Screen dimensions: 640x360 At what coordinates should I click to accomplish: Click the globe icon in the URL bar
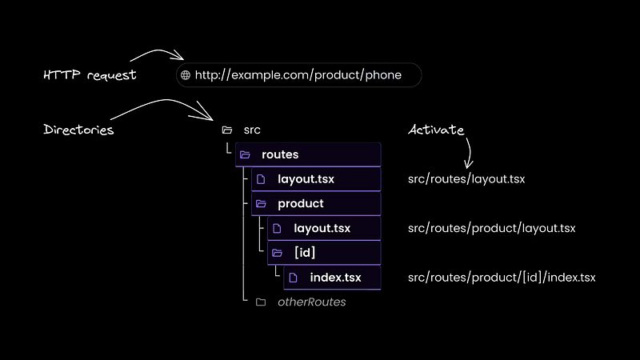186,75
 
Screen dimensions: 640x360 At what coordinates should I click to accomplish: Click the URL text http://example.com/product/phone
298,75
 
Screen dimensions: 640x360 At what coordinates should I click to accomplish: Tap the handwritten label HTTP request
90,75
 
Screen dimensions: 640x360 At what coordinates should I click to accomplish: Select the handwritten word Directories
78,130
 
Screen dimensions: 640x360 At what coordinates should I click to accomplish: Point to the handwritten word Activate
436,130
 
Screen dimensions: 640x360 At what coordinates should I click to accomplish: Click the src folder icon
227,130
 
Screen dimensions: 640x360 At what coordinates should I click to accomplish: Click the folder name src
252,130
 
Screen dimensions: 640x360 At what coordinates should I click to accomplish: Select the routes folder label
280,154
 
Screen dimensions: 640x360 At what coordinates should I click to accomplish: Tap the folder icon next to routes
245,154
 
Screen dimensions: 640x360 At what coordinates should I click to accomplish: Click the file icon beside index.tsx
293,278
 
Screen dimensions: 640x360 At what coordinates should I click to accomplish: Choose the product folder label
301,204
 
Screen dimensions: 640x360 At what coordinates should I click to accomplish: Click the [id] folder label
305,253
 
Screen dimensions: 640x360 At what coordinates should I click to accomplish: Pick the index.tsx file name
335,278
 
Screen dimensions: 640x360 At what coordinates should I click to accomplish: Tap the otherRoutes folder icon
261,302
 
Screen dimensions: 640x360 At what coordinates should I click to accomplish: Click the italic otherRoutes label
312,302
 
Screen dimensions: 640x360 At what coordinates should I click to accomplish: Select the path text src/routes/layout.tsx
466,179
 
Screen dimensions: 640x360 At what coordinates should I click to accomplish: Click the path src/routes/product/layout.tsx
492,228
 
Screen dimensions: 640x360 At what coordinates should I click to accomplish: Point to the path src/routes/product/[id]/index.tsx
502,278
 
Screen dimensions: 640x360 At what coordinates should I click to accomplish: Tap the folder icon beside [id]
277,253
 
